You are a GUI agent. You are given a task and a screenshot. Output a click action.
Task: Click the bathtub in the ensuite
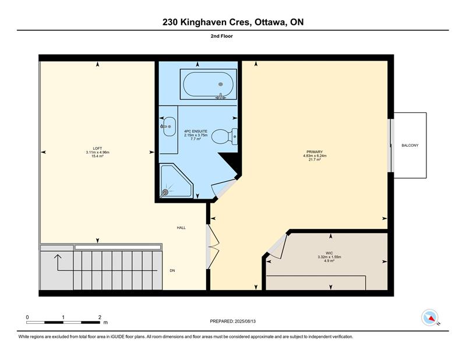pyautogui.click(x=208, y=84)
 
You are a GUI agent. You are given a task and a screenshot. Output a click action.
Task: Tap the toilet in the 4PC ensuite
pyautogui.click(x=224, y=136)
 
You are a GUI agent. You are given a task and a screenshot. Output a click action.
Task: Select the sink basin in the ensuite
pyautogui.click(x=169, y=126)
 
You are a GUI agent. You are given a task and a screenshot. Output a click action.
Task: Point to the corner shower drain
pyautogui.click(x=165, y=192)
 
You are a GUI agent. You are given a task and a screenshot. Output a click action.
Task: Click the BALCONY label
pyautogui.click(x=410, y=146)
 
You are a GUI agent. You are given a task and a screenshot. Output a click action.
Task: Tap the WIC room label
pyautogui.click(x=329, y=253)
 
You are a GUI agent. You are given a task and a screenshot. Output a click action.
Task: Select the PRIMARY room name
pyautogui.click(x=315, y=152)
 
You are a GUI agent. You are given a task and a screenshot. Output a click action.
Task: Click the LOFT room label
pyautogui.click(x=97, y=149)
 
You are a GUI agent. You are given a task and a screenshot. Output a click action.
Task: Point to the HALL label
pyautogui.click(x=181, y=228)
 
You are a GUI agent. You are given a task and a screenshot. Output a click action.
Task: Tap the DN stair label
pyautogui.click(x=172, y=270)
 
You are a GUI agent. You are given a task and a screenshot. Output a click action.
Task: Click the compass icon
pyautogui.click(x=430, y=317)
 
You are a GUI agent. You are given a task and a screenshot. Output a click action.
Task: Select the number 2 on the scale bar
pyautogui.click(x=100, y=317)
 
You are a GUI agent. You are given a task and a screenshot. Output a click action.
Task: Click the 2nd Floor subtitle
pyautogui.click(x=222, y=36)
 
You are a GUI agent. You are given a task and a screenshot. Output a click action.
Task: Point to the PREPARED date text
pyautogui.click(x=232, y=322)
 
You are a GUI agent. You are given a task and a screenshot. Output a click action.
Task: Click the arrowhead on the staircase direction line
pyautogui.click(x=58, y=256)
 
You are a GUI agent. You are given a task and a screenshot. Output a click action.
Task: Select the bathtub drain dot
pyautogui.click(x=221, y=84)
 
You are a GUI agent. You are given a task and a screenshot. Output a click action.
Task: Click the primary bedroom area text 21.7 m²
pyautogui.click(x=315, y=160)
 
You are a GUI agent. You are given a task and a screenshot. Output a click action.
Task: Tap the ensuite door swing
pyautogui.click(x=223, y=188)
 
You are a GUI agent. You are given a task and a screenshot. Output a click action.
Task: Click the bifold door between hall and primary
pyautogui.click(x=213, y=247)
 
